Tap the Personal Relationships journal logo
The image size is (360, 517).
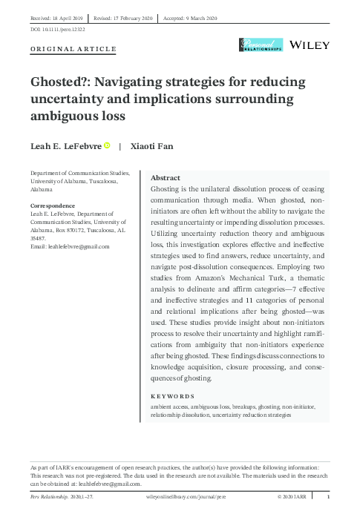259,46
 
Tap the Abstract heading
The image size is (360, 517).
166,179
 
